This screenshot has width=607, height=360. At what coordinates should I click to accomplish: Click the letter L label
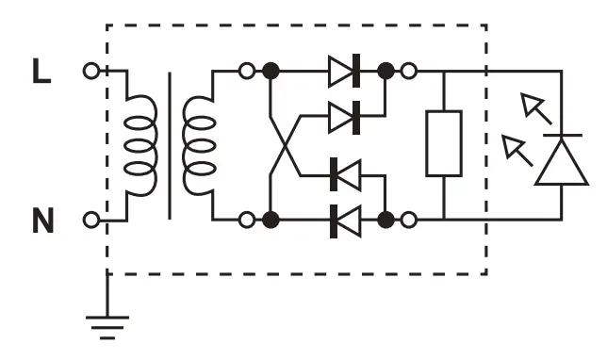[41, 73]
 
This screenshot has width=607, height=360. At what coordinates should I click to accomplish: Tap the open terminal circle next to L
[90, 71]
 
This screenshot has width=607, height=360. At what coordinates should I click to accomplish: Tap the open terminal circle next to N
[90, 221]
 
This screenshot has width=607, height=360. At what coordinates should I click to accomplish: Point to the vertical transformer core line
[170, 146]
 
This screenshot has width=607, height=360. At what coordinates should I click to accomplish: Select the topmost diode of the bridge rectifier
[345, 71]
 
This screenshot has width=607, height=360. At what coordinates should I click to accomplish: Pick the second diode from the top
[345, 117]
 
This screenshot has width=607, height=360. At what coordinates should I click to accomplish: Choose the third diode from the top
[345, 174]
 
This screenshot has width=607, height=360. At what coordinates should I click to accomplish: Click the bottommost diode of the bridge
[345, 221]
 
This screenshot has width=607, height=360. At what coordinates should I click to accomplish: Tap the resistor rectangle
[443, 143]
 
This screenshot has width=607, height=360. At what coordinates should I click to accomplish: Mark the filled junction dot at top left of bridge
[270, 71]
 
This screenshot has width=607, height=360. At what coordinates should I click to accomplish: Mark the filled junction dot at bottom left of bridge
[270, 221]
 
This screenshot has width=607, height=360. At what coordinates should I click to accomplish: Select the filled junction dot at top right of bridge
[386, 71]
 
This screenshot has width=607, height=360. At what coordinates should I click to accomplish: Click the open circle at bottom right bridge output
[408, 221]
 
